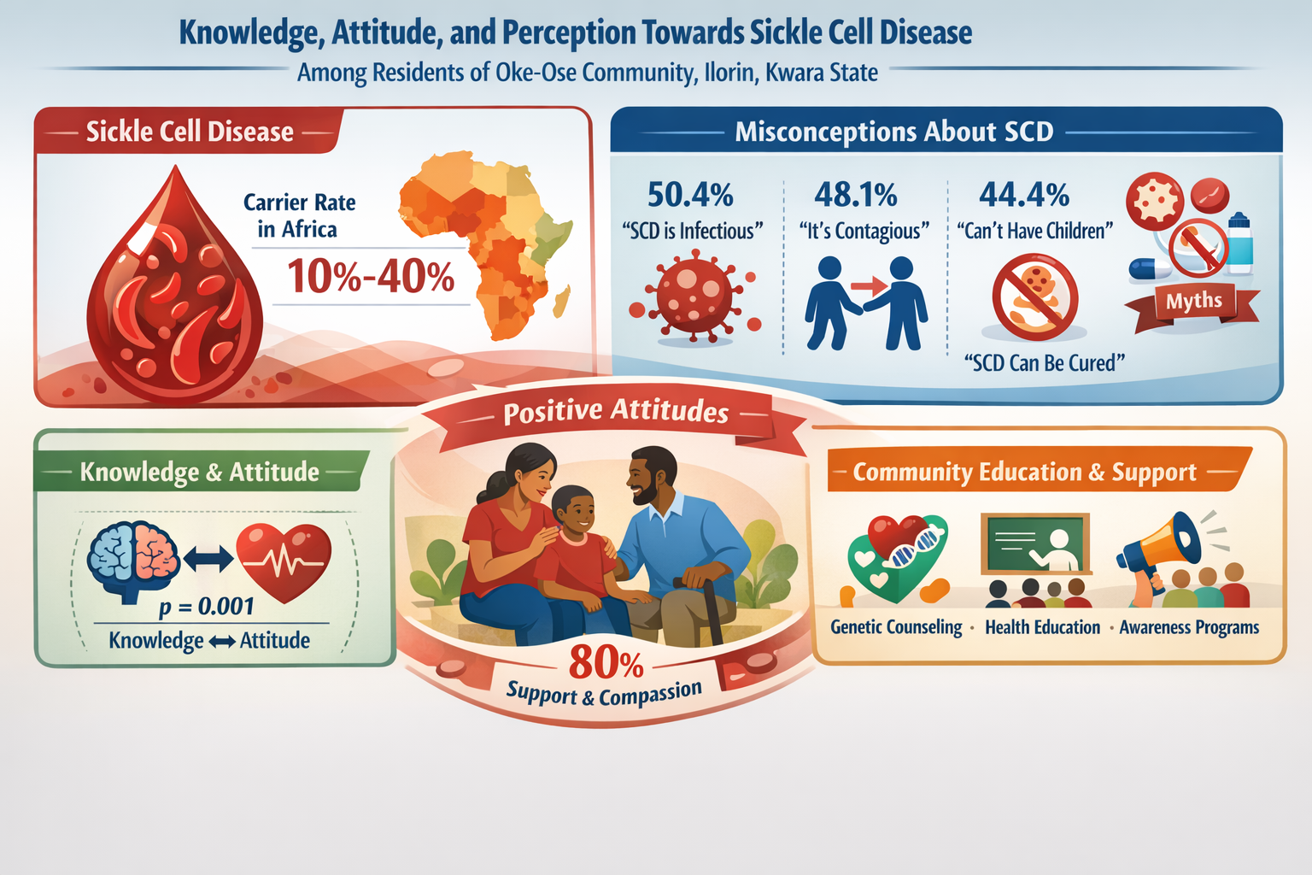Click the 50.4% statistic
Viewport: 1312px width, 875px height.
(690, 195)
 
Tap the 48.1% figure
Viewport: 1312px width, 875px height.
(855, 195)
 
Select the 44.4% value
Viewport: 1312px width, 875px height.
(1023, 195)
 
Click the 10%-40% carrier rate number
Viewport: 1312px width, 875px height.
(371, 277)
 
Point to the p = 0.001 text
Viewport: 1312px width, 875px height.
(207, 607)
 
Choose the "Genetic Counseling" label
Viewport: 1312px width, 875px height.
(896, 627)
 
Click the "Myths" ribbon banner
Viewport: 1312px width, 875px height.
(1194, 301)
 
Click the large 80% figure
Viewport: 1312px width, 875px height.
(606, 662)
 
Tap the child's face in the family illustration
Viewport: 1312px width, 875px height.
(574, 510)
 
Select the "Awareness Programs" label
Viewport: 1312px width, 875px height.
(1189, 627)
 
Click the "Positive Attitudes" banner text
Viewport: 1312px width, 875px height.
(616, 412)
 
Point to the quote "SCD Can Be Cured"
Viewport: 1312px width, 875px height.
(1044, 363)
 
